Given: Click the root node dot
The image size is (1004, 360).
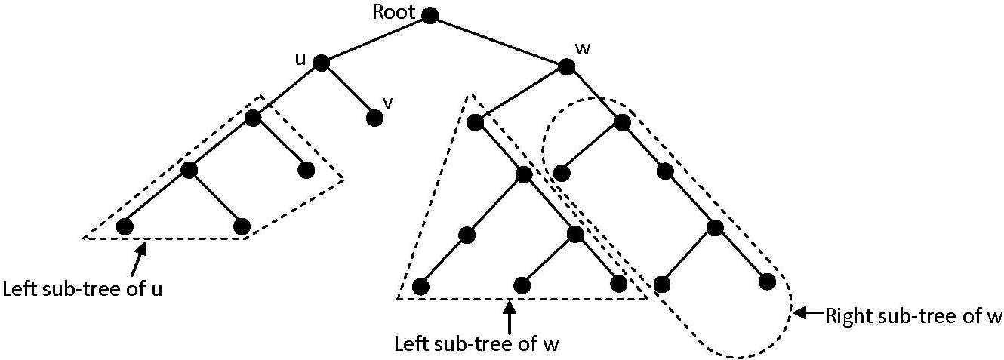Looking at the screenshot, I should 430,15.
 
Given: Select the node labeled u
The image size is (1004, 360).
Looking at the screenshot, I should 321,64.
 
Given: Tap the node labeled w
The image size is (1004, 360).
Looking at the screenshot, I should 567,66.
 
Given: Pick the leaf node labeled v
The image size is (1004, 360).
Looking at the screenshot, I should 374,118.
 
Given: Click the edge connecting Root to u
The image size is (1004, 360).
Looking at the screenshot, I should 375,39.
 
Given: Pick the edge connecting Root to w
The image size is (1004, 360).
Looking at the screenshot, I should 498,41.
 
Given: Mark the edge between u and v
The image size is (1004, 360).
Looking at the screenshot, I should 347,91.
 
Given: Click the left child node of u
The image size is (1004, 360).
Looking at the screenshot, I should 252,118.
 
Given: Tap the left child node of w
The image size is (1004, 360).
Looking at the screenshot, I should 475,122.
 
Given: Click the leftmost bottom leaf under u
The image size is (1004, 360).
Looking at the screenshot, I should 125,226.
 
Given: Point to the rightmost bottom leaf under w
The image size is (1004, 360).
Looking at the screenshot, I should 768,282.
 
